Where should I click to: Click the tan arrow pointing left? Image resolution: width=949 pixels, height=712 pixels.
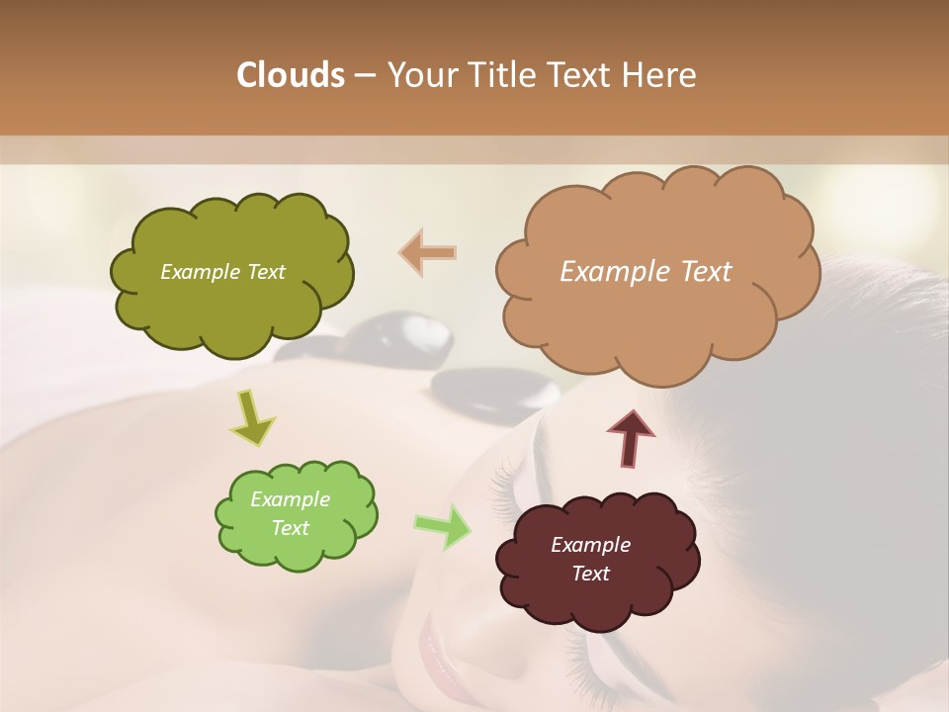tap(428, 252)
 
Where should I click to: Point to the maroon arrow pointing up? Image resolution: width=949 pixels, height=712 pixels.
tap(631, 438)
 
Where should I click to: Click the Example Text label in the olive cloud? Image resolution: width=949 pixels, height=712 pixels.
tap(222, 272)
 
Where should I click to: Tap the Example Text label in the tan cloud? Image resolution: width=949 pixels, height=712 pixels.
tap(646, 272)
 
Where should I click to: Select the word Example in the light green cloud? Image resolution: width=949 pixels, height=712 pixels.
tap(290, 499)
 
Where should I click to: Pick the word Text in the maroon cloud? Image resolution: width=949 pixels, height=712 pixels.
tap(590, 574)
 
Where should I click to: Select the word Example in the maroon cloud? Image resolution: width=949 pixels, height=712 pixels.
tap(590, 545)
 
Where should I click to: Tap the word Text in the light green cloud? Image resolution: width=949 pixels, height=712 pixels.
tap(290, 528)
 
